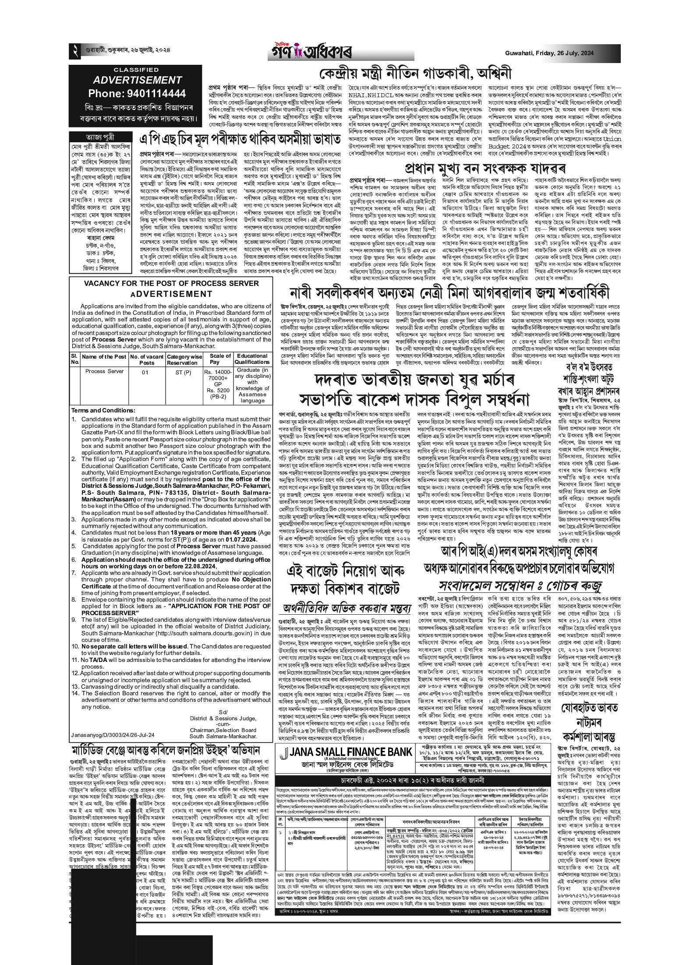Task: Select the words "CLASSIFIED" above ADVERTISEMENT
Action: [136, 70]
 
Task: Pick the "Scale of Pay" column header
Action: [220, 359]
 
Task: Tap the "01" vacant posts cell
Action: [146, 372]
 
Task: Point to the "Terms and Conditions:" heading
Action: [103, 410]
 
